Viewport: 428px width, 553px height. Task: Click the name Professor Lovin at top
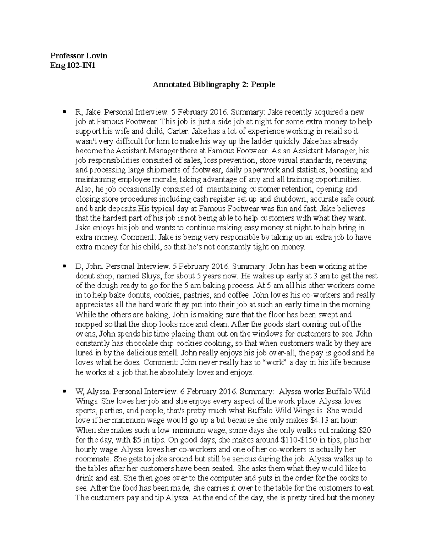coord(78,56)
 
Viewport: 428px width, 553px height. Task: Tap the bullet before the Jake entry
coord(64,112)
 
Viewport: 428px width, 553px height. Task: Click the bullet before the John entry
coord(64,266)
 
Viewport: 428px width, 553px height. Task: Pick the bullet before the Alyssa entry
coord(64,391)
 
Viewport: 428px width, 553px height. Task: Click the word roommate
coord(91,459)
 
